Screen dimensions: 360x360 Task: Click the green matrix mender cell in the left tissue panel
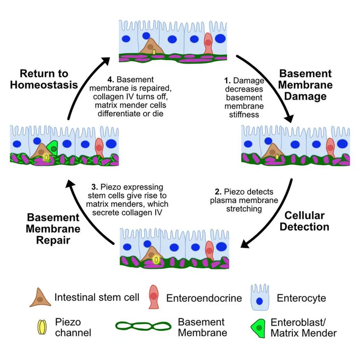52,148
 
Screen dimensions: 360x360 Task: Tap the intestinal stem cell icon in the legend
40,298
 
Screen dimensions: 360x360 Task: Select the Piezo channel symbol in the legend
42,327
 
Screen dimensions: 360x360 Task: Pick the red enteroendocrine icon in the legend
154,297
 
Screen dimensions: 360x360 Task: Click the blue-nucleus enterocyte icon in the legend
259,298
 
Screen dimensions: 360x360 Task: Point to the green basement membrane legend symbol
143,326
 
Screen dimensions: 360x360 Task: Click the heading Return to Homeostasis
44,79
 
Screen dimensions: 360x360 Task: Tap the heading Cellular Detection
304,221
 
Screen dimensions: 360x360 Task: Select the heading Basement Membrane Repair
53,229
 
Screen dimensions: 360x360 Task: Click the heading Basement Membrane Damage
305,85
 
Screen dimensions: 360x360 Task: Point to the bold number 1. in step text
228,80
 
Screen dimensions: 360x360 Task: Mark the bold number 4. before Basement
111,79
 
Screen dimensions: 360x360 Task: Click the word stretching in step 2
244,209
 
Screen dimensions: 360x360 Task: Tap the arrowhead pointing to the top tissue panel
105,60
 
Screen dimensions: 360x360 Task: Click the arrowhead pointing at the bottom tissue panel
246,244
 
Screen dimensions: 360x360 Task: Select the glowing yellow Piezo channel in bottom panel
156,259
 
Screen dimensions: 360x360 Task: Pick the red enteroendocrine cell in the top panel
208,43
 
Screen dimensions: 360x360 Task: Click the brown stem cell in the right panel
273,151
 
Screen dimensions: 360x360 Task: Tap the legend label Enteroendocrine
204,298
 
